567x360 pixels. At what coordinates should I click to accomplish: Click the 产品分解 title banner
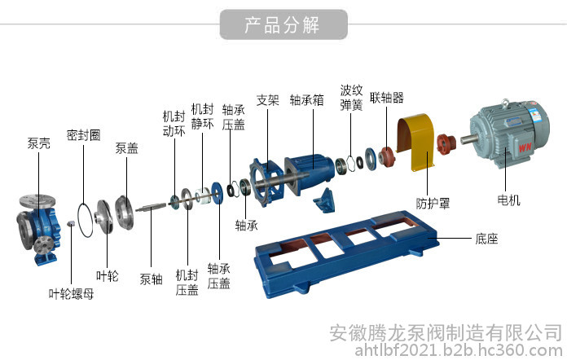pyautogui.click(x=283, y=24)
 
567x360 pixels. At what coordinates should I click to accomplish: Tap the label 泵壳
pyautogui.click(x=38, y=143)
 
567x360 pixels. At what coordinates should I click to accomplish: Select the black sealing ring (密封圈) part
pyautogui.click(x=86, y=220)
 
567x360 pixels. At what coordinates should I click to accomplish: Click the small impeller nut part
pyautogui.click(x=71, y=223)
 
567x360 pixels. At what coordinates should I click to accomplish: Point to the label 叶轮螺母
pyautogui.click(x=71, y=293)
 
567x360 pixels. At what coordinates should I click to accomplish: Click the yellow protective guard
pyautogui.click(x=415, y=142)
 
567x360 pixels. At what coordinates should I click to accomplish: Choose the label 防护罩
pyautogui.click(x=433, y=203)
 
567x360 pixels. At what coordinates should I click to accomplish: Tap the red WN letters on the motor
pyautogui.click(x=525, y=147)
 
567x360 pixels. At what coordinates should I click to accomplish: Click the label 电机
pyautogui.click(x=508, y=200)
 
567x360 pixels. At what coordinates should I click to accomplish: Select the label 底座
pyautogui.click(x=486, y=239)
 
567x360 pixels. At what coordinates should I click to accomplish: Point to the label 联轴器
pyautogui.click(x=386, y=97)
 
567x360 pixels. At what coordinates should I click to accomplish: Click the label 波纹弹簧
pyautogui.click(x=351, y=97)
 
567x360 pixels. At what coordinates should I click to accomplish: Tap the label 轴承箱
pyautogui.click(x=306, y=99)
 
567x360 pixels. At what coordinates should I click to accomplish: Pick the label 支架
pyautogui.click(x=267, y=99)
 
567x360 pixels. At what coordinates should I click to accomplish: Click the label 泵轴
pyautogui.click(x=151, y=279)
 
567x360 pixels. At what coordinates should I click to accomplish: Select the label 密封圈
pyautogui.click(x=83, y=135)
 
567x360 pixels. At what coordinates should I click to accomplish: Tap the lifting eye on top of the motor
pyautogui.click(x=505, y=103)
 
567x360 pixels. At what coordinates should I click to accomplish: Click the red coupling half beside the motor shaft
pyautogui.click(x=446, y=143)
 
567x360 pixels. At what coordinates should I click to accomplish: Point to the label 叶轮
pyautogui.click(x=107, y=276)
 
